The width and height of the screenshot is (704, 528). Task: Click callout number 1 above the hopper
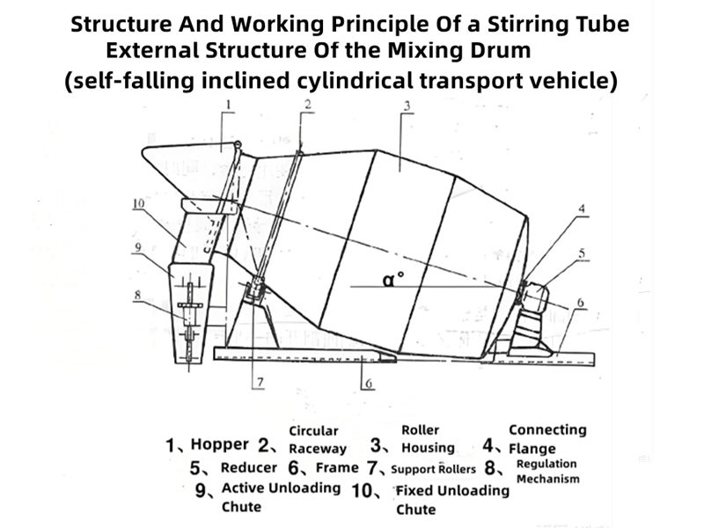[228, 106]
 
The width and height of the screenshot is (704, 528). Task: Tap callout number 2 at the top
[308, 105]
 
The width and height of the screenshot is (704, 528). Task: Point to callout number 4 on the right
[581, 209]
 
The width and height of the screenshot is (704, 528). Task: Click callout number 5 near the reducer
[582, 254]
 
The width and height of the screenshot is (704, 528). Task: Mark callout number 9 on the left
[136, 248]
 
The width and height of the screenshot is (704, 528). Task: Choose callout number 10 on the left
[138, 203]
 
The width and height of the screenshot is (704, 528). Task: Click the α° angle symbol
[393, 280]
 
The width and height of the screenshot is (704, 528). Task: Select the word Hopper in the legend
[219, 444]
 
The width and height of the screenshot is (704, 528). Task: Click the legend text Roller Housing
[428, 438]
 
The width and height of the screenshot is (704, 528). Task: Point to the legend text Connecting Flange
[546, 438]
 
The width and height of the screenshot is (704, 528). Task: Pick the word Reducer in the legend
[248, 468]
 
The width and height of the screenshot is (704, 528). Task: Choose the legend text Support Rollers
[433, 469]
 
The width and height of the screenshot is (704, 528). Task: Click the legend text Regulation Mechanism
[547, 471]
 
